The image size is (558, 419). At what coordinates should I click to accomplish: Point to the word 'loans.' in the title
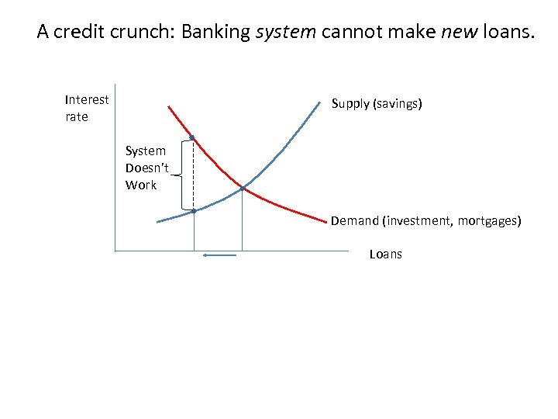pos(508,32)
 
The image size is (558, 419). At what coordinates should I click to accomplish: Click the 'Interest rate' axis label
pos(87,108)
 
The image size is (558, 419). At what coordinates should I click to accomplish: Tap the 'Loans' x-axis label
pos(386,254)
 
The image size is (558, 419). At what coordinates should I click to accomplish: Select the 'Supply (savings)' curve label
pos(377,103)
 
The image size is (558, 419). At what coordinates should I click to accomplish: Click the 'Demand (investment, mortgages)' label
pos(426,220)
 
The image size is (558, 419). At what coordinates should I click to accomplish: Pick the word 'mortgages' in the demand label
pos(489,220)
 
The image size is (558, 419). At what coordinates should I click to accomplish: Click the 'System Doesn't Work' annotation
pos(145,168)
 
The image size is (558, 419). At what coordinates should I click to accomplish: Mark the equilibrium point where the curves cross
pos(243,189)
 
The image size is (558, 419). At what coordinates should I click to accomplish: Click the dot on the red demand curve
pos(192,138)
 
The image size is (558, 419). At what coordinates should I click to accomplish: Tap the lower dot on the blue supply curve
pos(194,210)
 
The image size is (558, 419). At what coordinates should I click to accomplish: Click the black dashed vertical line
pos(193,175)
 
